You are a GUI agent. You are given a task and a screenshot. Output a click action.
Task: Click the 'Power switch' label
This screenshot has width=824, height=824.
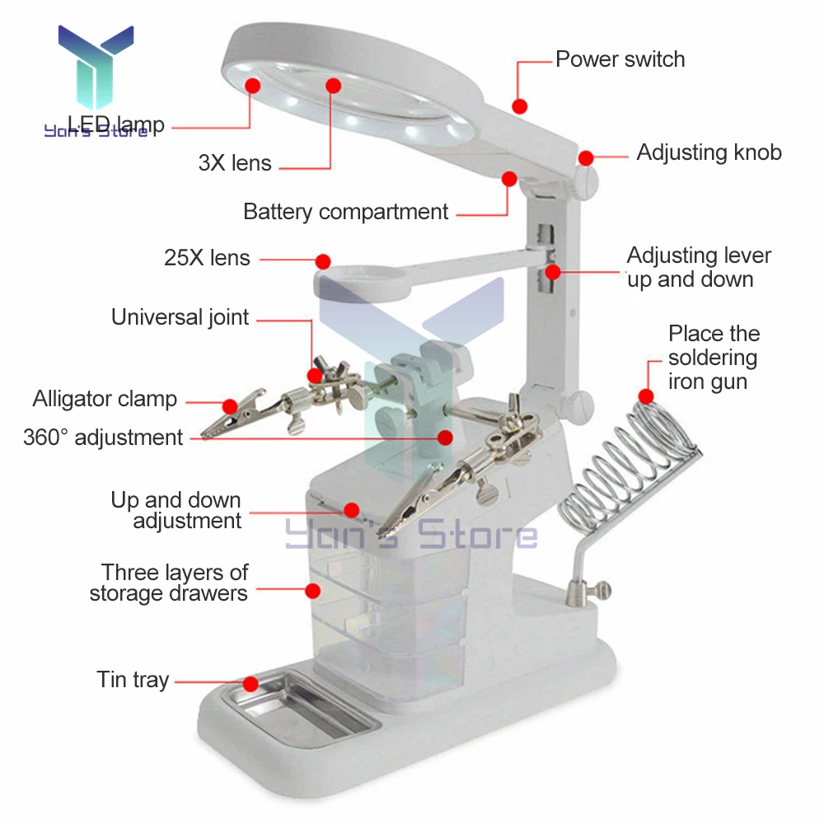[620, 59]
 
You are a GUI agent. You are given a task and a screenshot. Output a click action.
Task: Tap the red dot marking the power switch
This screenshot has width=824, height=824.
[519, 105]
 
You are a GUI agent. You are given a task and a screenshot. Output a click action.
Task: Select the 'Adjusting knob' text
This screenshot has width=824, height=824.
[709, 152]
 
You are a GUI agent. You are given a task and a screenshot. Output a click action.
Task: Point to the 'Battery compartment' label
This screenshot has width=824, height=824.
[345, 212]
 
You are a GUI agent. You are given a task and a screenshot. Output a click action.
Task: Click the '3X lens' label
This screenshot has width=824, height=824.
[235, 163]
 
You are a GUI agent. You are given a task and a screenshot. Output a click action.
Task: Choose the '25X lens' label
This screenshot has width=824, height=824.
[207, 258]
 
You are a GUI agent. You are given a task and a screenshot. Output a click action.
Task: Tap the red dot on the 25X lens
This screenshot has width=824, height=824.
[323, 260]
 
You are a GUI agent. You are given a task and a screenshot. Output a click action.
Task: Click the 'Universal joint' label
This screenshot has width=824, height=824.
[180, 317]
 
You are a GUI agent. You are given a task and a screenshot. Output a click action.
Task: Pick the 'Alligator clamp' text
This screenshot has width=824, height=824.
[105, 400]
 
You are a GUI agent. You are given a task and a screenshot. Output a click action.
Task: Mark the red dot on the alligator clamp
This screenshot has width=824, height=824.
[230, 405]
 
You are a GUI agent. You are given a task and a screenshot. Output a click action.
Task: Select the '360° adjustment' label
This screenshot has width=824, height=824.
[103, 437]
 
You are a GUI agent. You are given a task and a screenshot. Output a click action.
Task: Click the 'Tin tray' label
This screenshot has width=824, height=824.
[133, 681]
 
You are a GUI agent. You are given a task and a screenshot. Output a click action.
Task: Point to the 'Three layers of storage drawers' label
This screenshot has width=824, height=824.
[170, 583]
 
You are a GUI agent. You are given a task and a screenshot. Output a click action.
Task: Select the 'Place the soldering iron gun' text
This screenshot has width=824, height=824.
[713, 358]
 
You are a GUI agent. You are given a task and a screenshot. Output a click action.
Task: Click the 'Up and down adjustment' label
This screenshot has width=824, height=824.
[176, 511]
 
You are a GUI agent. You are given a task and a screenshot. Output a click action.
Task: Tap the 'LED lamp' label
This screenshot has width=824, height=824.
[116, 125]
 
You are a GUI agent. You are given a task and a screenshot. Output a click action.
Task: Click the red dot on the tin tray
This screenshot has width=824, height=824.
[250, 683]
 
